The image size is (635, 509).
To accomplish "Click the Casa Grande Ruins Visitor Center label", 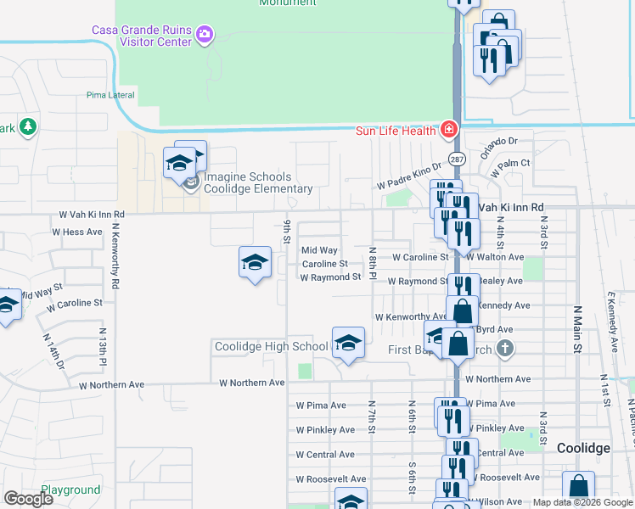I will [141, 35].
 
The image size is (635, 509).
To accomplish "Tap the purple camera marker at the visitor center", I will [204, 35].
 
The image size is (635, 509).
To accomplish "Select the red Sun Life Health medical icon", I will [448, 130].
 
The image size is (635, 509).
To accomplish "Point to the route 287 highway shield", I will [458, 159].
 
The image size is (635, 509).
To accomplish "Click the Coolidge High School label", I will [271, 346].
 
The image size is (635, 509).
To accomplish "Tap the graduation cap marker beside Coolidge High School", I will [347, 344].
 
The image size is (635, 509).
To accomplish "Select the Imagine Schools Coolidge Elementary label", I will [258, 182].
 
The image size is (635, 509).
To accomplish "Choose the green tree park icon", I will [28, 126].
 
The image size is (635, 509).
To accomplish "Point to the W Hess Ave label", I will [77, 232].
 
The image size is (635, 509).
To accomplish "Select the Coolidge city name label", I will [584, 448].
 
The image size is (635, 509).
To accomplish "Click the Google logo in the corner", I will [28, 499].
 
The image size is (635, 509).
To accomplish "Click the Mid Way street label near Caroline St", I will [319, 250].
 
